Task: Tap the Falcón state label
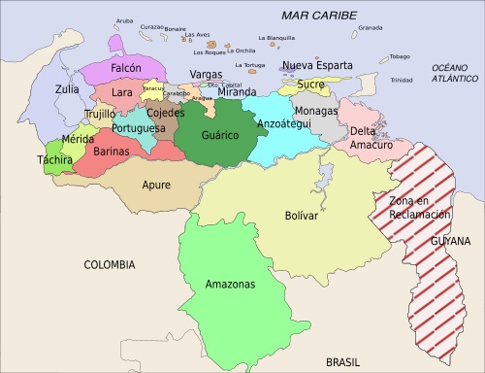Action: pos(126,69)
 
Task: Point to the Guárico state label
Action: pos(220,135)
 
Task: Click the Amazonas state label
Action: pos(230,285)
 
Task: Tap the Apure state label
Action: pos(156,184)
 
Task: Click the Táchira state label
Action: pos(54,159)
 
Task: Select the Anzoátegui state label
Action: pos(284,124)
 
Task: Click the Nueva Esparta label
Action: pos(317,66)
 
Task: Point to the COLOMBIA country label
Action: pos(110,264)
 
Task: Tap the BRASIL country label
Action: pos(343,360)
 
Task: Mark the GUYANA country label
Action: pos(452,240)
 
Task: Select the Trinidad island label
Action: pos(401,80)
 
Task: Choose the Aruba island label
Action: pos(124,20)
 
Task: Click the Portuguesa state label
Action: pos(138,128)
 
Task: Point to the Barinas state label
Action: pos(112,152)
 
